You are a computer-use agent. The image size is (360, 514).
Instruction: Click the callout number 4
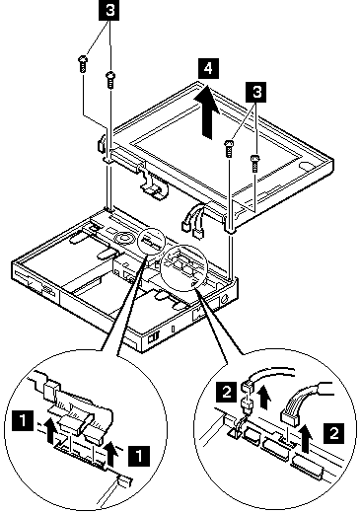(208, 69)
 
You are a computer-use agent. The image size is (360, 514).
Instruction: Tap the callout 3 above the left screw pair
(109, 10)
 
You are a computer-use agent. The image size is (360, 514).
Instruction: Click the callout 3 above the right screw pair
(256, 92)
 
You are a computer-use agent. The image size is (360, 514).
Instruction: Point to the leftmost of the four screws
(83, 64)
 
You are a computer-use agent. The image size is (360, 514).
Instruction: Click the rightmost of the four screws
(254, 163)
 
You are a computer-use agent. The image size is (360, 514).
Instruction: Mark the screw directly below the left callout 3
(110, 80)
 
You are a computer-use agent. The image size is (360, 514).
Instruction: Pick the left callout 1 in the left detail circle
(23, 420)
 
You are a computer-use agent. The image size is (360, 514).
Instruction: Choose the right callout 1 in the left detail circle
(139, 456)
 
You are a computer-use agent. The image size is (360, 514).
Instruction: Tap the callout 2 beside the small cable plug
(226, 392)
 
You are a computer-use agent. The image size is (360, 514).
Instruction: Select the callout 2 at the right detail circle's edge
(334, 433)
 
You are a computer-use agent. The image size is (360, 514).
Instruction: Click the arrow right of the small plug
(263, 398)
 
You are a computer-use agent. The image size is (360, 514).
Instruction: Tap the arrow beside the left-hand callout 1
(49, 428)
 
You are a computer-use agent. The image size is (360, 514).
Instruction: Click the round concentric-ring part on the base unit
(124, 237)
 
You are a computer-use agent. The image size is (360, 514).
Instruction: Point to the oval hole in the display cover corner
(306, 165)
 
